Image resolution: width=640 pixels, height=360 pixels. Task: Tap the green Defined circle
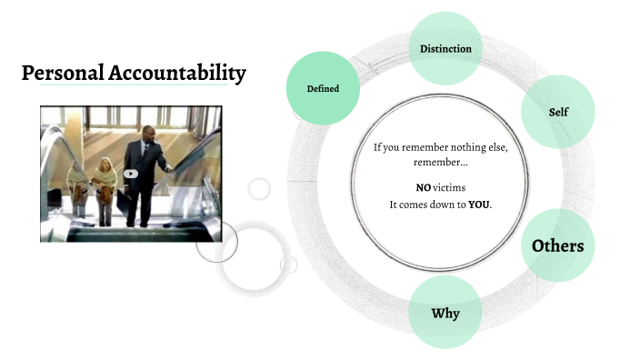323,88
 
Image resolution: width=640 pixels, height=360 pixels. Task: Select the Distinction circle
445,48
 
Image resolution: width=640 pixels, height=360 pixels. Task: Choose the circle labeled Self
558,113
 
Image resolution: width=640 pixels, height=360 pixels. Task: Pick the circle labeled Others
557,245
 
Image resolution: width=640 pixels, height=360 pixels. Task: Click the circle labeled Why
445,313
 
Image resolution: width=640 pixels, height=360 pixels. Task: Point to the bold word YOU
479,205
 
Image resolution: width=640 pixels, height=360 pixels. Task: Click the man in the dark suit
142,173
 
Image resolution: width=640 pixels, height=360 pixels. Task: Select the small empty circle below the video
259,189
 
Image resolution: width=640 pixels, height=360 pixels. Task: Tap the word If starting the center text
378,147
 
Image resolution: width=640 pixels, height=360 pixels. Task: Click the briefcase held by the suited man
121,203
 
